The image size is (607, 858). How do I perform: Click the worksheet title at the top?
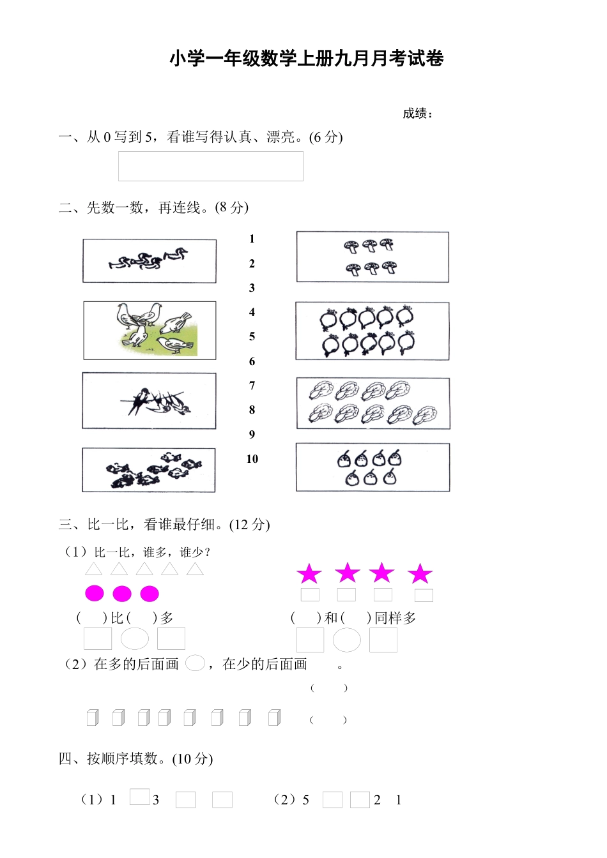tap(306, 59)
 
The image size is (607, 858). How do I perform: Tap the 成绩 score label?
tap(417, 114)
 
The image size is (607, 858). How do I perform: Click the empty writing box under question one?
tap(210, 166)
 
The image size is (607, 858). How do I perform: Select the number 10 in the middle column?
tap(252, 459)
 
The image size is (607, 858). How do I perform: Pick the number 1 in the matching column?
tap(252, 239)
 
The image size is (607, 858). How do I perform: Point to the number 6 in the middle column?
tap(252, 361)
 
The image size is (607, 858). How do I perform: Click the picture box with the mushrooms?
tap(372, 257)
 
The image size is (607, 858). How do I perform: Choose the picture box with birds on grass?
tap(150, 331)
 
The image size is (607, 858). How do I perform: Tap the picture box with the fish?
tap(148, 470)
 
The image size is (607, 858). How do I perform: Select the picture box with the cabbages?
tap(373, 403)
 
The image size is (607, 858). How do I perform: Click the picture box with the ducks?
tap(149, 260)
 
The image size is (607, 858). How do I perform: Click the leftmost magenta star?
tap(309, 574)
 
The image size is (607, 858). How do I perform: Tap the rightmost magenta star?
tap(420, 574)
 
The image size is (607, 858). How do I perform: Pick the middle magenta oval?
tap(122, 594)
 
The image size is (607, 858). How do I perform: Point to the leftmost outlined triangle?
tap(94, 569)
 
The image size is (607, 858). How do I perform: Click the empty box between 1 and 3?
tap(139, 797)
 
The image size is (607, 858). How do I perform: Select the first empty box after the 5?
tap(332, 800)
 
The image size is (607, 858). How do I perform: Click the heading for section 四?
tap(135, 758)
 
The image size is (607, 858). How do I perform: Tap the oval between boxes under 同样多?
tap(347, 640)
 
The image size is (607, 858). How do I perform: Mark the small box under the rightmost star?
tap(424, 596)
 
